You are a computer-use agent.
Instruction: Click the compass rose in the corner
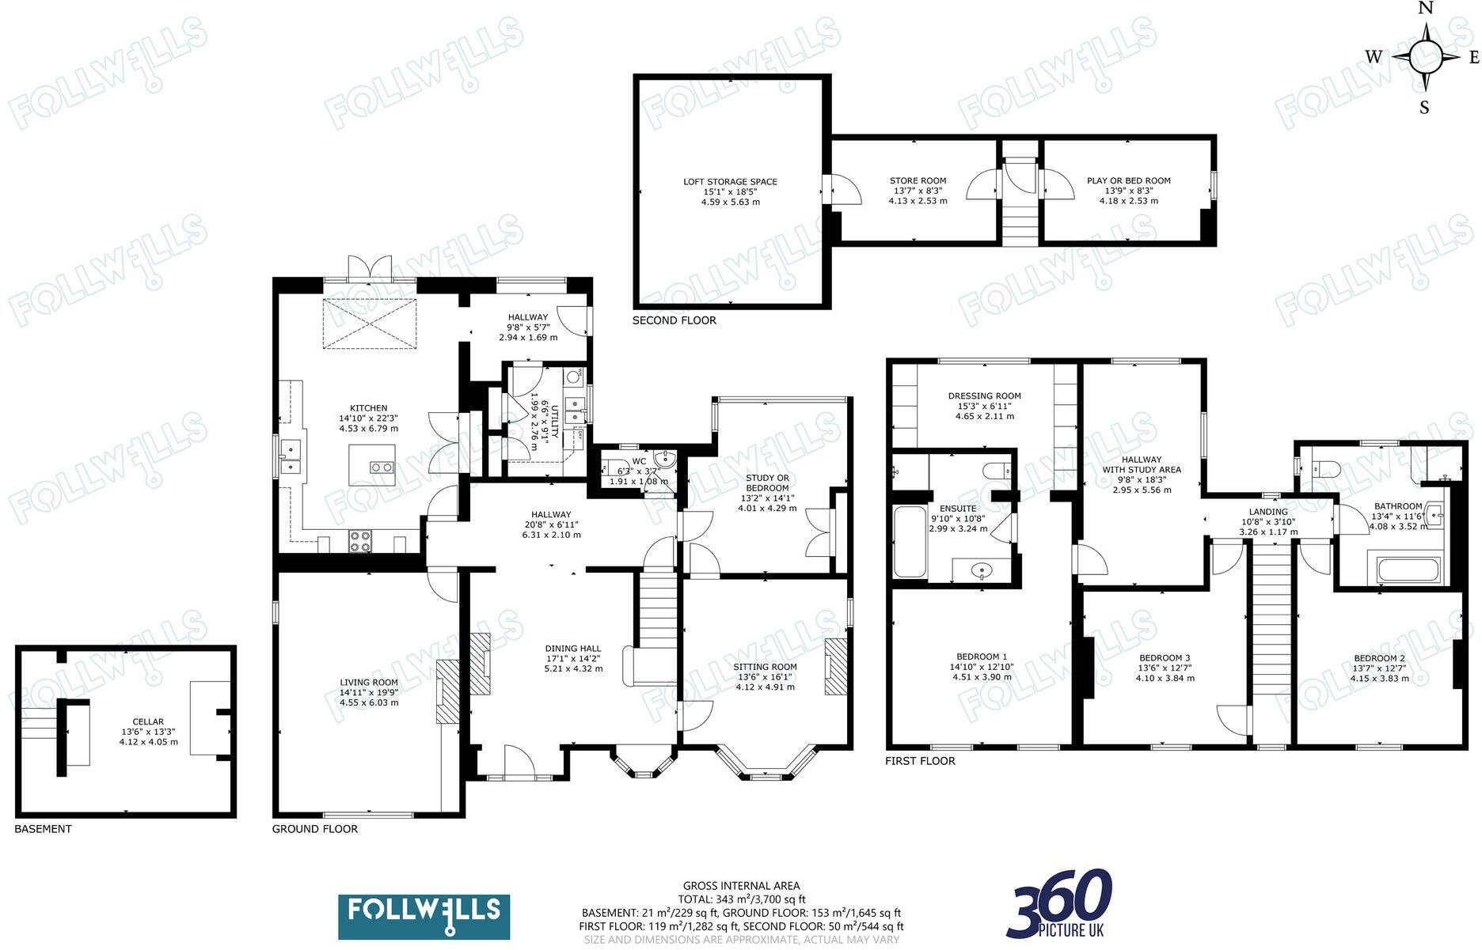click(1425, 57)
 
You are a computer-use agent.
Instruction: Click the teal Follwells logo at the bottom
click(424, 917)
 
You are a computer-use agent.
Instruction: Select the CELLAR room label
click(148, 721)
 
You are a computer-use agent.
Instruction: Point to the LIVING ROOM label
click(369, 682)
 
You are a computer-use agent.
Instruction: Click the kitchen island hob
click(382, 467)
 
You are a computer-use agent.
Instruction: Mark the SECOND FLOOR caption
click(674, 320)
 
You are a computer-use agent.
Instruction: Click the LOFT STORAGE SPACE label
click(730, 182)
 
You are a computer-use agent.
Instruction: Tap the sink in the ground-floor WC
click(667, 458)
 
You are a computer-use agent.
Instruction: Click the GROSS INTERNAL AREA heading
click(742, 886)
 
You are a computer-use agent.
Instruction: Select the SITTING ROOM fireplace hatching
click(835, 667)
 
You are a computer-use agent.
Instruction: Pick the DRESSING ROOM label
click(985, 396)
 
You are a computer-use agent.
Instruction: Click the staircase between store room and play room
click(1020, 201)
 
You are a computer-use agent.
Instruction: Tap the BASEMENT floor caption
click(44, 829)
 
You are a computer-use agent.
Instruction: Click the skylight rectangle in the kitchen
click(370, 324)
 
